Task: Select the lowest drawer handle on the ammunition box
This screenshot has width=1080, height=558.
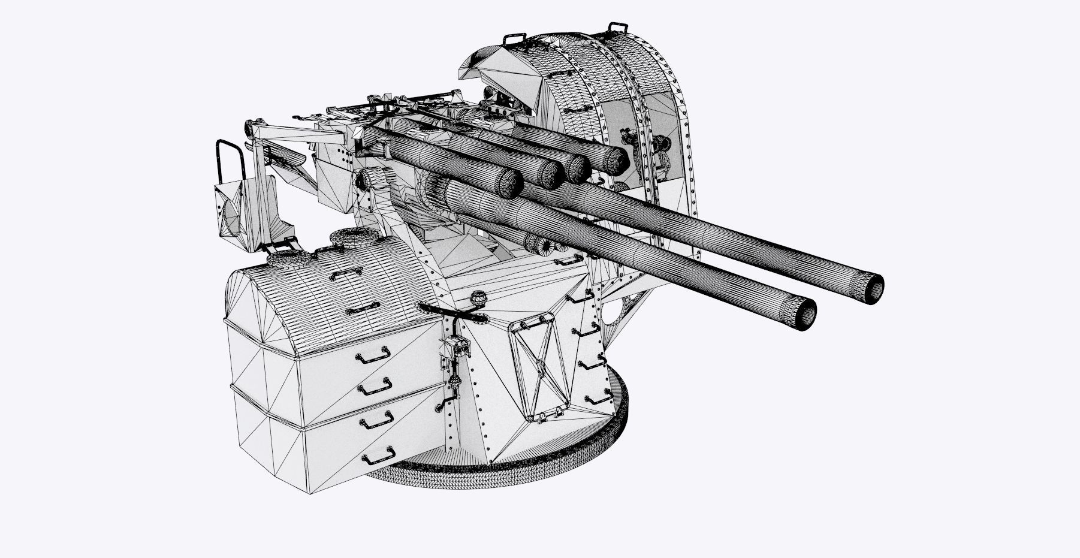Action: pyautogui.click(x=379, y=455)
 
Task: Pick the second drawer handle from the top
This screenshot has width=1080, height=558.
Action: pyautogui.click(x=375, y=386)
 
